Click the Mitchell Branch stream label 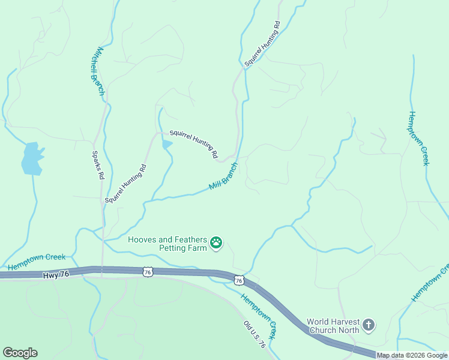click(x=97, y=71)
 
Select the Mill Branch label click(x=223, y=176)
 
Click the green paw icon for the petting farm click(x=216, y=243)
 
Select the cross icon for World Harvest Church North click(x=369, y=325)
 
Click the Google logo click(x=20, y=353)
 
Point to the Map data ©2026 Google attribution click(x=412, y=355)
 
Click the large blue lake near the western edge click(x=32, y=158)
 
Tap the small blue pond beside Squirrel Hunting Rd click(x=167, y=144)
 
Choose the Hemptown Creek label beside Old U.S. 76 click(x=259, y=314)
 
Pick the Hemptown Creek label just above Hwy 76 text click(x=37, y=262)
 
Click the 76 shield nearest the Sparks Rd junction click(x=148, y=272)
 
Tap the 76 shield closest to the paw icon click(x=239, y=280)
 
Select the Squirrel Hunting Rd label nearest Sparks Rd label click(x=125, y=182)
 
